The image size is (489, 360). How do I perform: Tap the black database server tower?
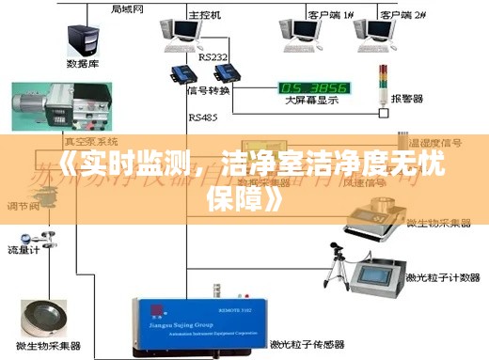[83, 38]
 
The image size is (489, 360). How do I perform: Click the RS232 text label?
[213, 57]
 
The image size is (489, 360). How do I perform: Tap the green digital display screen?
[314, 88]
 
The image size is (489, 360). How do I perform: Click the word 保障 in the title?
[228, 199]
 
